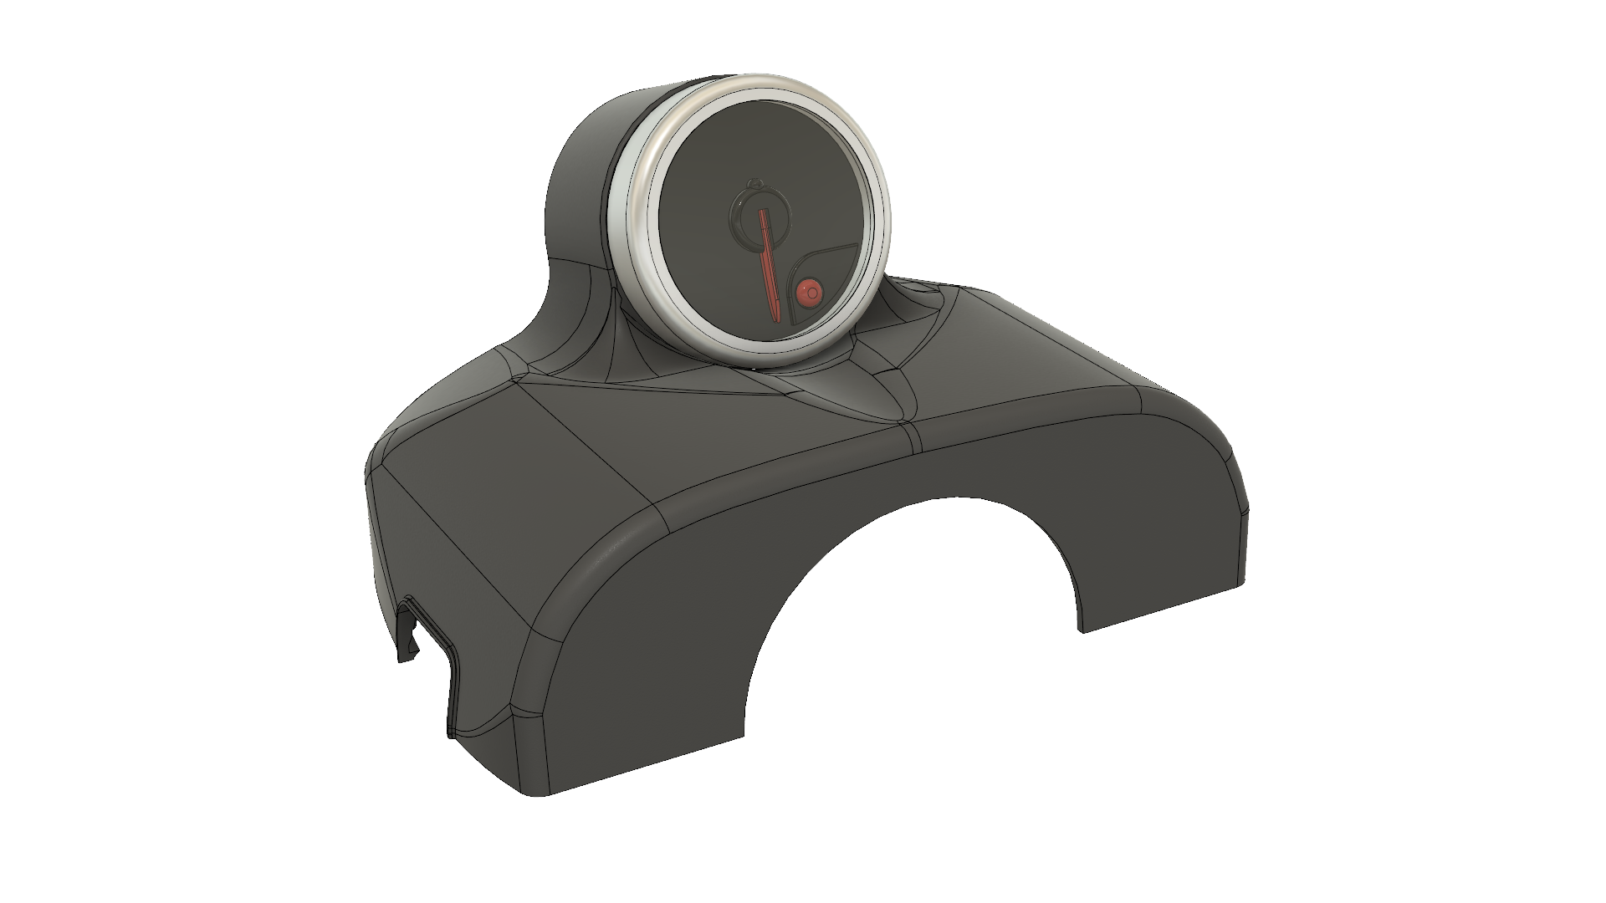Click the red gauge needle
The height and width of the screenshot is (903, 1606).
(x=767, y=259)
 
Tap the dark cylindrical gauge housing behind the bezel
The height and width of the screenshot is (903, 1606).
(x=586, y=167)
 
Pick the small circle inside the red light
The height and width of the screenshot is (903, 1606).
(x=811, y=292)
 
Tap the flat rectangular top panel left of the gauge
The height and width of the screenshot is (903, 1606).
(x=535, y=443)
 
